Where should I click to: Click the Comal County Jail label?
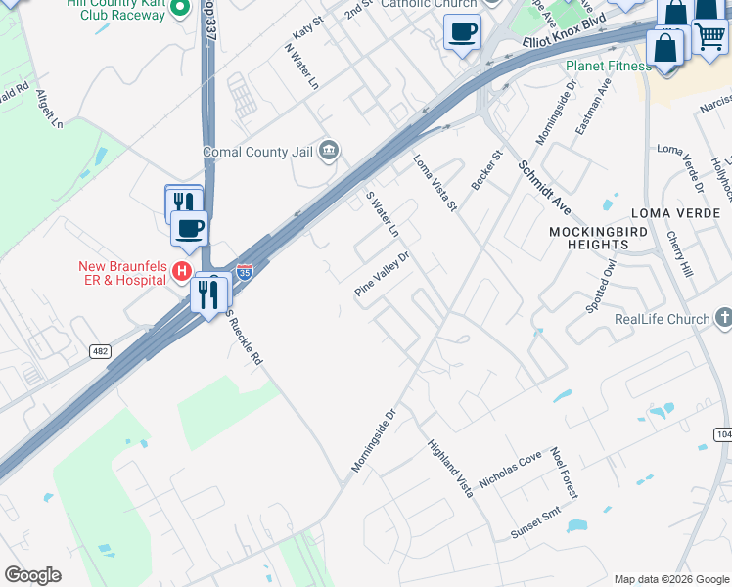(258, 152)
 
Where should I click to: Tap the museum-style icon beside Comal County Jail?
(329, 151)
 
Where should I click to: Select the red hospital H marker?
(181, 270)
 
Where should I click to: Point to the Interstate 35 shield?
(245, 271)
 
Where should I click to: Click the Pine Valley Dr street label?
(382, 275)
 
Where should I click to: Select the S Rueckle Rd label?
(245, 339)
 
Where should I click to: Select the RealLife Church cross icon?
(723, 318)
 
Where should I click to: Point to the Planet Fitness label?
(608, 67)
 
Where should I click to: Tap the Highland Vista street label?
(450, 469)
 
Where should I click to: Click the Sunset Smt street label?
(534, 524)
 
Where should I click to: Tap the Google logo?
(32, 575)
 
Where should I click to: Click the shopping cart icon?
(711, 38)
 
